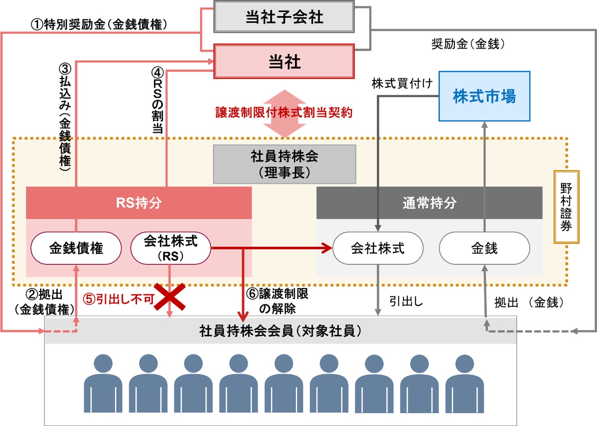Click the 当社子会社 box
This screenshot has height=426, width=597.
[284, 17]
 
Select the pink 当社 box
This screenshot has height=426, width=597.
[284, 62]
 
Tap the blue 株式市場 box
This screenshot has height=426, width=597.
[484, 96]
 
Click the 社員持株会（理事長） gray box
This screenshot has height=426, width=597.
[284, 164]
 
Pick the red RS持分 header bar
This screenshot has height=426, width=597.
[139, 203]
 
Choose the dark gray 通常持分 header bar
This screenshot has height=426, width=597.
[429, 203]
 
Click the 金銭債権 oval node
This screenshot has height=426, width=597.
[76, 248]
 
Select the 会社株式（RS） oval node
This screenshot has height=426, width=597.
[170, 248]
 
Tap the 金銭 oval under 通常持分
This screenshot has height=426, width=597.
[484, 248]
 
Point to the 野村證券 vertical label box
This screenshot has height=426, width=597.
[567, 207]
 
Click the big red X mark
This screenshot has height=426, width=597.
[170, 297]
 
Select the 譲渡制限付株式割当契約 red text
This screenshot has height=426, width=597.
[284, 113]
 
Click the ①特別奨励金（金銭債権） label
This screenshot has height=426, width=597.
[99, 24]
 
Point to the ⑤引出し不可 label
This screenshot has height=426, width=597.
[119, 299]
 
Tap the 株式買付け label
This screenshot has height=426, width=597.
[402, 84]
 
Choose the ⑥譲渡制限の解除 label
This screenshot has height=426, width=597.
[277, 301]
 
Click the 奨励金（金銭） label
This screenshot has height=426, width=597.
[468, 44]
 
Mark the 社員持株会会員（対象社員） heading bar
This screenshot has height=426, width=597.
[281, 330]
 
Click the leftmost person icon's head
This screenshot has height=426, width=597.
[103, 363]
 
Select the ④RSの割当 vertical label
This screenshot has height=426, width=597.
[158, 100]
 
